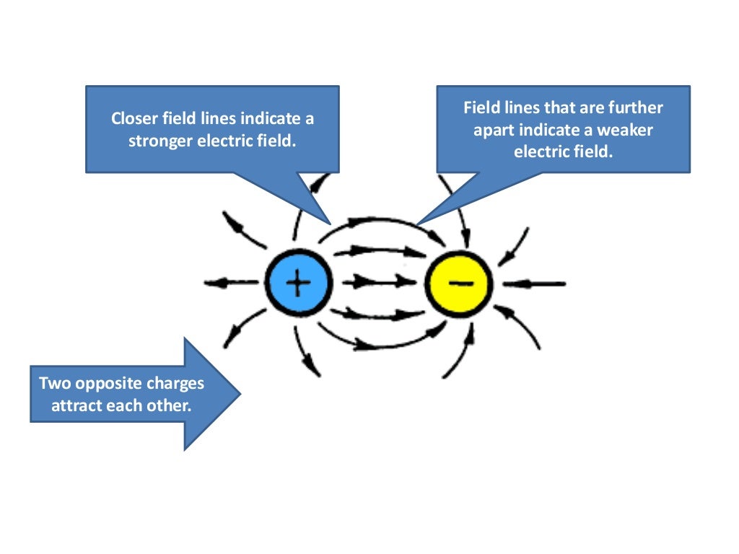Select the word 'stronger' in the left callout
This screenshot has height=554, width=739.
(160, 141)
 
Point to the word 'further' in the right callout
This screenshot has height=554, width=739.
(636, 108)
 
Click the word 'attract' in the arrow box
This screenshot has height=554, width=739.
(77, 405)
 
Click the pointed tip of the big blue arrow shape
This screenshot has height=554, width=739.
(240, 394)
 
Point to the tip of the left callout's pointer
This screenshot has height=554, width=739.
(330, 222)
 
